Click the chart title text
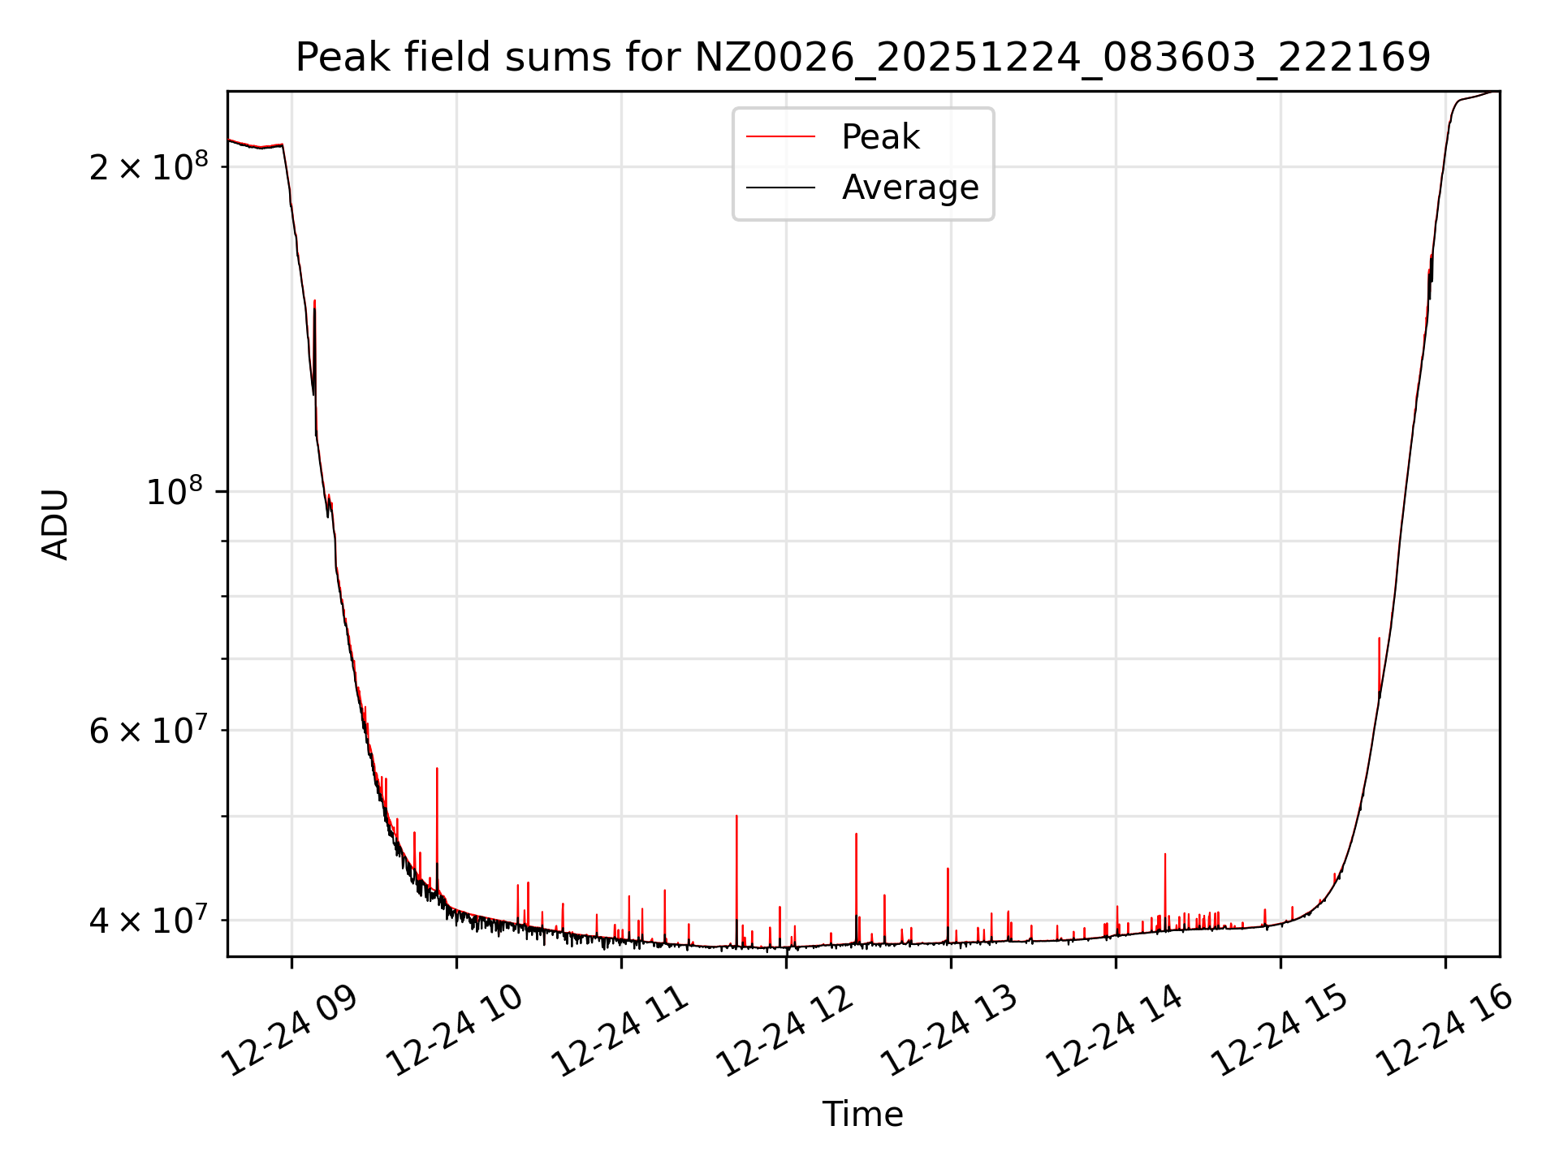pos(862,58)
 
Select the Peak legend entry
pos(880,137)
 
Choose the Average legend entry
pos(909,188)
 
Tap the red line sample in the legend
pos(780,137)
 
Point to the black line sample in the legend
pos(780,188)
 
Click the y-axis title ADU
pos(55,524)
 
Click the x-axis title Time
pos(862,1115)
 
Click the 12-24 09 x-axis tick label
pos(291,1031)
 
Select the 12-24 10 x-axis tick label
pos(456,1031)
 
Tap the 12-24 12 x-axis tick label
pos(785,1031)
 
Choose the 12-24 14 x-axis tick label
pos(1115,1031)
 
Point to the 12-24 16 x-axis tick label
pos(1445,1031)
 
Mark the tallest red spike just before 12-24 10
pos(437,769)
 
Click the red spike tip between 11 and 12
pos(736,816)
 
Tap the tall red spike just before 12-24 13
pos(948,869)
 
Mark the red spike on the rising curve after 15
pos(1379,639)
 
